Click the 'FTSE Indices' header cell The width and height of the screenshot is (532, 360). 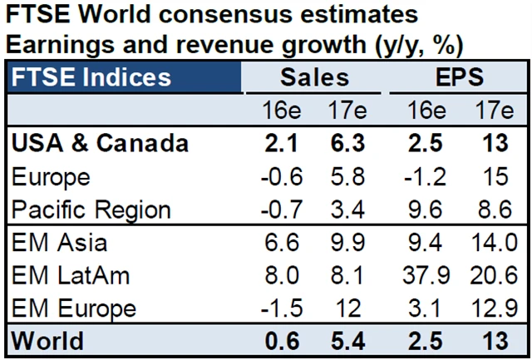click(x=91, y=79)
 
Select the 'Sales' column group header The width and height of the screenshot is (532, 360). click(x=315, y=79)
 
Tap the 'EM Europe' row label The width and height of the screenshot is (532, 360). click(x=73, y=307)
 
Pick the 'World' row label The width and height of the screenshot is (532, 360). click(x=49, y=340)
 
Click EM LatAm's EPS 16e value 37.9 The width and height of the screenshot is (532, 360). click(x=426, y=274)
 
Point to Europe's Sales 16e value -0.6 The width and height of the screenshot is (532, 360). click(x=283, y=177)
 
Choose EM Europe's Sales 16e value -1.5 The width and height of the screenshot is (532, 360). click(x=283, y=307)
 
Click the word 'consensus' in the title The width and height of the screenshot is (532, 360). click(x=235, y=16)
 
